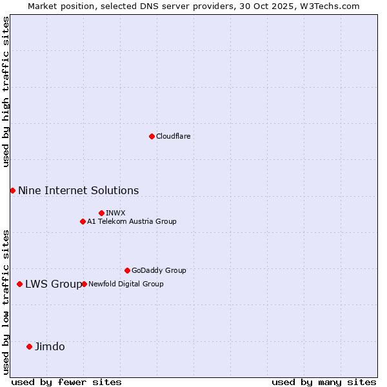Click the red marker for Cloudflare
click(152, 136)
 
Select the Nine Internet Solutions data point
click(12, 190)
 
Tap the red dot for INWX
click(101, 213)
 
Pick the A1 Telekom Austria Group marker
click(83, 221)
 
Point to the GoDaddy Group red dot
click(127, 270)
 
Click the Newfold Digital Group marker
click(84, 284)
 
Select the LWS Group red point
click(20, 284)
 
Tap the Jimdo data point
click(29, 346)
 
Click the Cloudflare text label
click(173, 136)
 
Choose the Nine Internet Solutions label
click(78, 190)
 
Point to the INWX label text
click(115, 213)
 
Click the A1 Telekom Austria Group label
click(132, 221)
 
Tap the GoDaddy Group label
click(159, 270)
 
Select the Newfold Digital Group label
click(126, 284)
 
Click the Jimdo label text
click(50, 346)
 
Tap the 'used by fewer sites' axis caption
click(66, 382)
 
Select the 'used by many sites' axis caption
click(323, 382)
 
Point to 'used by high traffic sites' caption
click(6, 92)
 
